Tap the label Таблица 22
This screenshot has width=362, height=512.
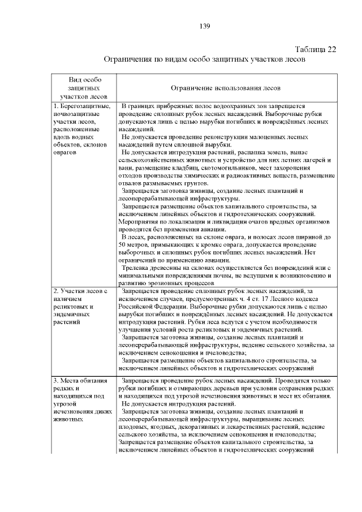click(x=316, y=49)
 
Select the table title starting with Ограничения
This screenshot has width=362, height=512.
click(x=205, y=59)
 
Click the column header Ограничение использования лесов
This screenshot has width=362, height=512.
click(x=225, y=88)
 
